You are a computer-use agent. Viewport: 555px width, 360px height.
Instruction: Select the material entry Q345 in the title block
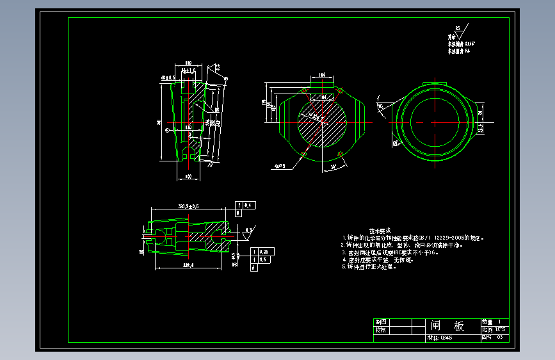point(439,337)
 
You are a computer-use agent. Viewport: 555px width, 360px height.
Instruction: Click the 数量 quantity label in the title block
point(488,322)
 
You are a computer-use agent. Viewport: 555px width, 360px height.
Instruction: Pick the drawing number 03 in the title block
point(501,337)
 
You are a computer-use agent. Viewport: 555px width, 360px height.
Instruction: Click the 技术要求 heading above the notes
point(380,230)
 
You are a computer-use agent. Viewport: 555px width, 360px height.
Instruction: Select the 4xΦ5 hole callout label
point(279,166)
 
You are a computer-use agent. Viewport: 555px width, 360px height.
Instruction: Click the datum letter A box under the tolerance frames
point(254,268)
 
